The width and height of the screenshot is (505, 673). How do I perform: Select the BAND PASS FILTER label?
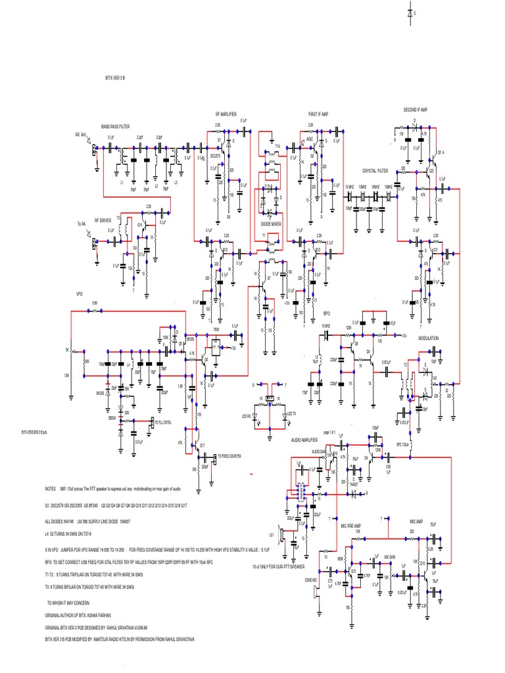(x=115, y=126)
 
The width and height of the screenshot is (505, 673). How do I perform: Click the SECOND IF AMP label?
(x=416, y=109)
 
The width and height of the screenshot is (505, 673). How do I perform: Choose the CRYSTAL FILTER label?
(x=376, y=170)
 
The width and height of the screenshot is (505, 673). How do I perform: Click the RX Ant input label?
(x=81, y=135)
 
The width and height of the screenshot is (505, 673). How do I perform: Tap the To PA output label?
(x=82, y=223)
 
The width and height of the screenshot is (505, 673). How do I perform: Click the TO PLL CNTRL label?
(x=166, y=421)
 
